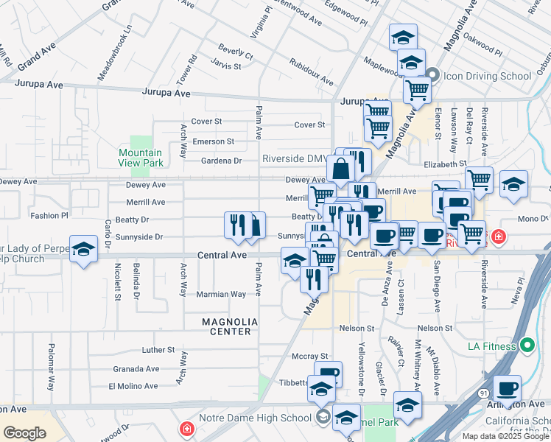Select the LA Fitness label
[493, 345]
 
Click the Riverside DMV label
[295, 158]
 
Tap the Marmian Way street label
[220, 294]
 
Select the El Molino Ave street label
[133, 386]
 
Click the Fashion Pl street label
[49, 216]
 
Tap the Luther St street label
[158, 350]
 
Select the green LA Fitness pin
[527, 345]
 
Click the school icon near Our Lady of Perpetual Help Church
[84, 248]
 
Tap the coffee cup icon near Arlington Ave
[506, 387]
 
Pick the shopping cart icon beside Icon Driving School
[417, 90]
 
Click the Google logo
[24, 433]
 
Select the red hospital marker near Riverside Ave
[499, 237]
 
